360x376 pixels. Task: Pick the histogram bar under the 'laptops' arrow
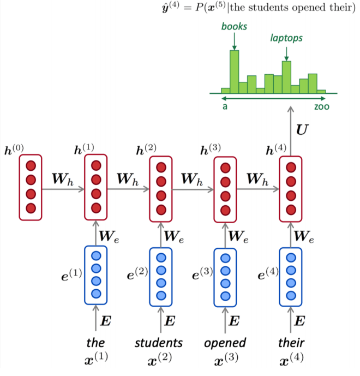pos(286,77)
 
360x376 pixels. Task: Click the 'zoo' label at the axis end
pos(321,106)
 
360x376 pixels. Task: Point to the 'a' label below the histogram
pos(225,106)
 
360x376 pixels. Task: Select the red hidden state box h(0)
pos(31,187)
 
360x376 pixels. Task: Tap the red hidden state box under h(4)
pos(291,188)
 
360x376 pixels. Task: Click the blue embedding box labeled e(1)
pos(96,275)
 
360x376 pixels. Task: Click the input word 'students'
pos(159,343)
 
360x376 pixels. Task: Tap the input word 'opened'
pos(225,343)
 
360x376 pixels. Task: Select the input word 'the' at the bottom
pos(95,343)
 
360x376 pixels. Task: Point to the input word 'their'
pos(291,343)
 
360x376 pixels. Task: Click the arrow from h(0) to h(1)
pos(63,189)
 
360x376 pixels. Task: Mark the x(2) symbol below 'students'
pos(159,361)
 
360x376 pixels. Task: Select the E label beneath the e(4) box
pos(302,320)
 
